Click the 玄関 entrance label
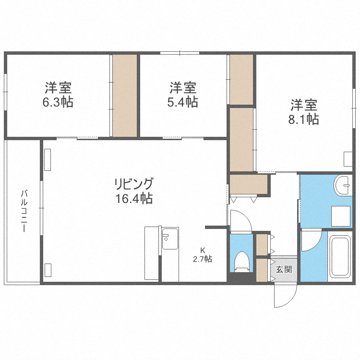pos(284,269)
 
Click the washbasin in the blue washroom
pos(344,185)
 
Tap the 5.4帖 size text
pos(183,102)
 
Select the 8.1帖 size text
pos(303,119)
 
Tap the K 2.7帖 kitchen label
pos(203,255)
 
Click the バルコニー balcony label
pos(23,211)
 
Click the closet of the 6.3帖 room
pos(125,96)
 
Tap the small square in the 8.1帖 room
pos(348,159)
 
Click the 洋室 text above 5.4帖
pos(183,88)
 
